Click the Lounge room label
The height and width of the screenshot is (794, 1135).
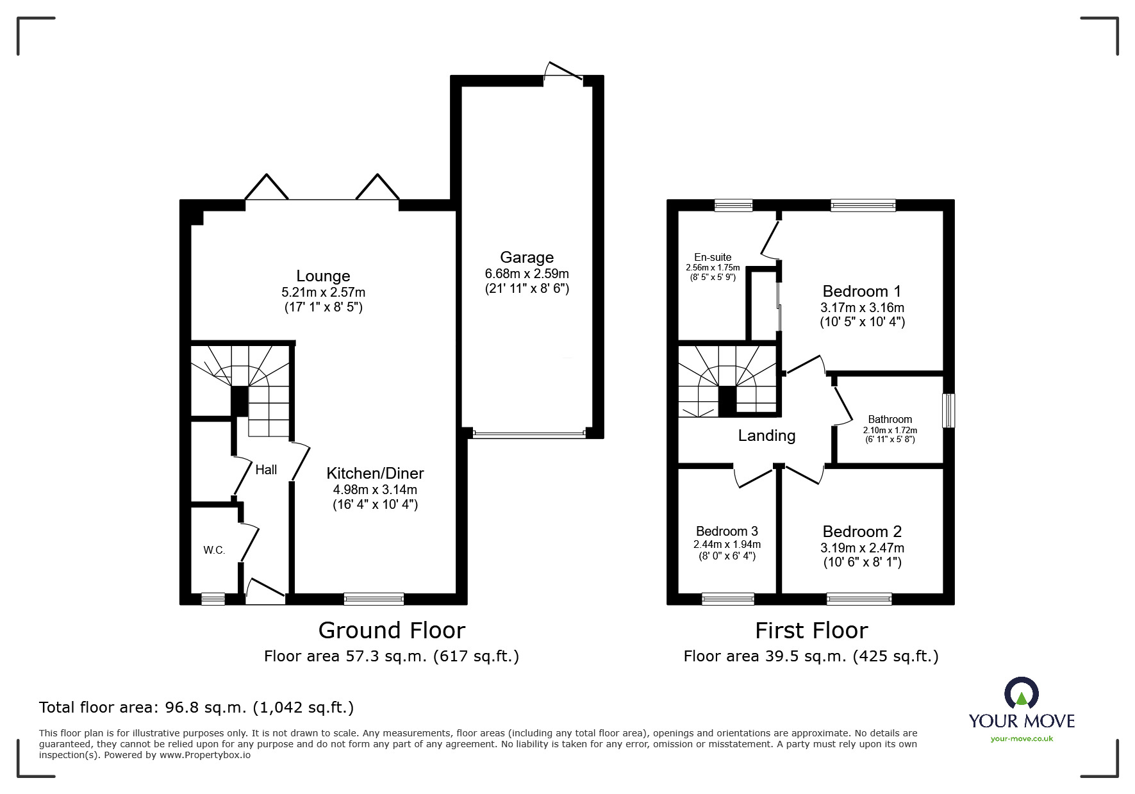pyautogui.click(x=323, y=276)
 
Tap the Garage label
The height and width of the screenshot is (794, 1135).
pyautogui.click(x=527, y=258)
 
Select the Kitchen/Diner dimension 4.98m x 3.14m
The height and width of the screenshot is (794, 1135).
pyautogui.click(x=375, y=490)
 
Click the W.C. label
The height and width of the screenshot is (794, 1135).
pyautogui.click(x=214, y=550)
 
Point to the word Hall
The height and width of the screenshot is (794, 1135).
pyautogui.click(x=266, y=470)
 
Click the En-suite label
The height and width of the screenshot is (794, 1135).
pyautogui.click(x=712, y=258)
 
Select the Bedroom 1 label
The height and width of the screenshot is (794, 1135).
pyautogui.click(x=862, y=292)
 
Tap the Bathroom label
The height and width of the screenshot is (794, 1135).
pyautogui.click(x=890, y=420)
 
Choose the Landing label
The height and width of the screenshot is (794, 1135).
pyautogui.click(x=766, y=436)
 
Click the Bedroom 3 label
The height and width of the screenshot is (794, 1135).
pyautogui.click(x=727, y=531)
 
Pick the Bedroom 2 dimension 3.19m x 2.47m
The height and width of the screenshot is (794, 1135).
pyautogui.click(x=862, y=548)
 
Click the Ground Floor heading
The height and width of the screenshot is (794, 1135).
pyautogui.click(x=392, y=631)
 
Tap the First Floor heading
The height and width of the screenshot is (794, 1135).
pyautogui.click(x=811, y=631)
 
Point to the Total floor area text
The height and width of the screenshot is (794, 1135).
pyautogui.click(x=196, y=707)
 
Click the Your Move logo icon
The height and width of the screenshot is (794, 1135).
pyautogui.click(x=1021, y=693)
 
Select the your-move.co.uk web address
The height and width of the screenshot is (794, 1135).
pyautogui.click(x=1022, y=739)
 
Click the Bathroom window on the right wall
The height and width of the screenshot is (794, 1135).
pyautogui.click(x=949, y=410)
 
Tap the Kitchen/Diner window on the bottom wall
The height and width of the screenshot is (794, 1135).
pyautogui.click(x=374, y=599)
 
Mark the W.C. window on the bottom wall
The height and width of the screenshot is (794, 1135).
pyautogui.click(x=213, y=599)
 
